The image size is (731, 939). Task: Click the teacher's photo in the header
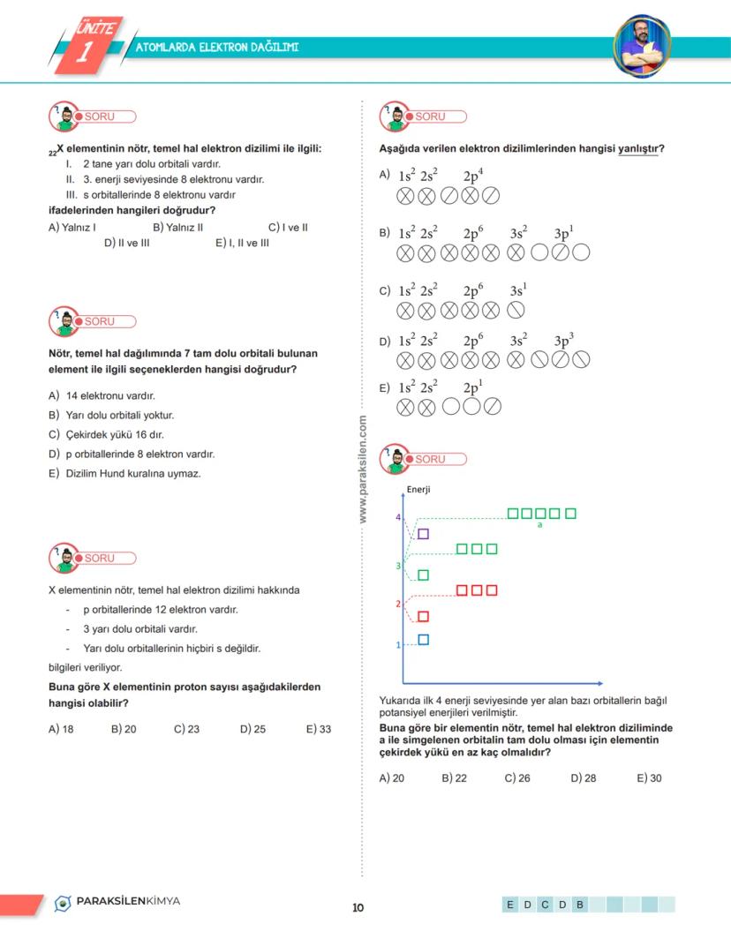point(642,44)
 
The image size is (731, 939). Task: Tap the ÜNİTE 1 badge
point(87,44)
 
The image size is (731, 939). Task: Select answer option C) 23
point(186,729)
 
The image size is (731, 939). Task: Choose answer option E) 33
point(319,729)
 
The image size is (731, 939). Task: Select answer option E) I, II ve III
point(242,243)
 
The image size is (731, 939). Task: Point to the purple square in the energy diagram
point(423,533)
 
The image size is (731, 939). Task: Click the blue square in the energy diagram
point(423,640)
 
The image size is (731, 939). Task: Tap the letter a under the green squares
point(539,525)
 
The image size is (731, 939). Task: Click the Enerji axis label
point(418,489)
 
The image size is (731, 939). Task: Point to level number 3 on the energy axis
point(399,565)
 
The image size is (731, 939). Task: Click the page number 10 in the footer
point(358,907)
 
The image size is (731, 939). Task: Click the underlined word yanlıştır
point(639,148)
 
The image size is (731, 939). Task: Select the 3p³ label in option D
point(564,340)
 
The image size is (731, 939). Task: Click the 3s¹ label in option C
point(518,289)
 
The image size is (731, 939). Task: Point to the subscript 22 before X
point(52,152)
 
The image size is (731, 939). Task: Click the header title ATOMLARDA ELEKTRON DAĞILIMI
point(217,47)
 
